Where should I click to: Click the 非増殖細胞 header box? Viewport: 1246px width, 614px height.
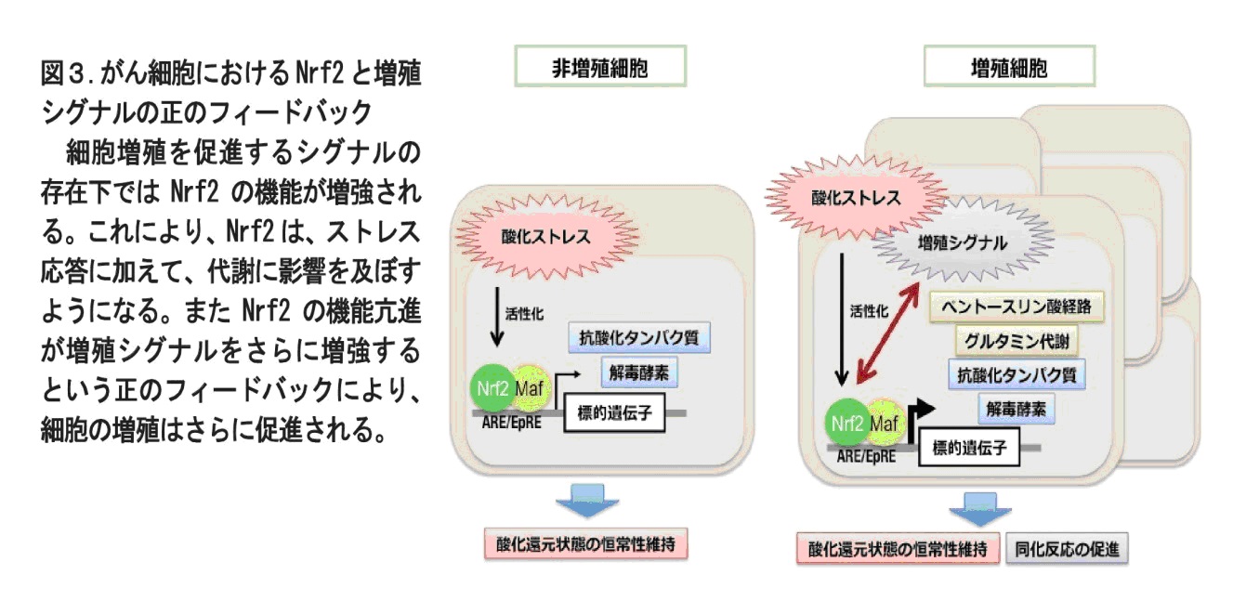click(600, 66)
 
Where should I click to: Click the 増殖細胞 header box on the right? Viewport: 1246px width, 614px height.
click(1009, 66)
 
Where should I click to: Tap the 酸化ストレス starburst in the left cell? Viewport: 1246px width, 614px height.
click(546, 237)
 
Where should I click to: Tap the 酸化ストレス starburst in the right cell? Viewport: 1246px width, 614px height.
click(855, 198)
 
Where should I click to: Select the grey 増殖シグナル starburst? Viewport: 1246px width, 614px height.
click(963, 242)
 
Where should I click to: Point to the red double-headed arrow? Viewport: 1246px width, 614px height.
click(887, 333)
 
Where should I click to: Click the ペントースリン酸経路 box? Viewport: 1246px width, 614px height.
click(1016, 307)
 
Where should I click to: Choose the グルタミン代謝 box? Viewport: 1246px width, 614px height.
click(1016, 341)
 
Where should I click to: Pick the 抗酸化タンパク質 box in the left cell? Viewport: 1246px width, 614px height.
click(639, 337)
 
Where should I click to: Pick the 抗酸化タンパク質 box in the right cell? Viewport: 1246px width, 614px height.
click(1016, 375)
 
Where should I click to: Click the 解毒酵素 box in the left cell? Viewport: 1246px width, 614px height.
click(639, 372)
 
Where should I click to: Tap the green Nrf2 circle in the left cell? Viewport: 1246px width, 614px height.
click(492, 388)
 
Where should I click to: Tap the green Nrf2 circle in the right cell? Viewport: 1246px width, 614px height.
click(847, 423)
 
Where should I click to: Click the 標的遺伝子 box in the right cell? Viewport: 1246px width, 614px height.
click(969, 448)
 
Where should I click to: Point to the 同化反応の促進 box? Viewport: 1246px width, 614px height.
click(1067, 549)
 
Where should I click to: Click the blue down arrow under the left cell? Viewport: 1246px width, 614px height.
click(587, 501)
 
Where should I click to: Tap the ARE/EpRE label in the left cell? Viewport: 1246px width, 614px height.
click(511, 423)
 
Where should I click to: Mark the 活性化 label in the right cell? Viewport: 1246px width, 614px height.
click(869, 311)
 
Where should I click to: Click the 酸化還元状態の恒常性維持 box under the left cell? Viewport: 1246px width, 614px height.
click(585, 544)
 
